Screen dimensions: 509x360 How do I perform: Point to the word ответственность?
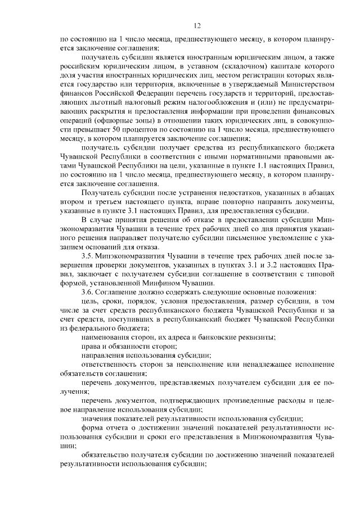pos(112,363)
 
